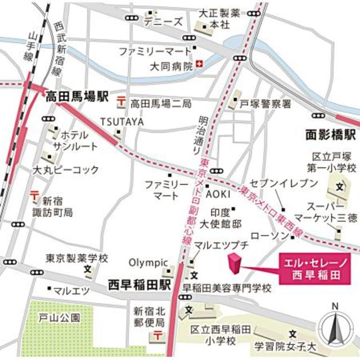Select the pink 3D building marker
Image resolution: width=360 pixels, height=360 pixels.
(x=233, y=265)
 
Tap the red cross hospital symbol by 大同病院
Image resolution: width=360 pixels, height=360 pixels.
(x=200, y=65)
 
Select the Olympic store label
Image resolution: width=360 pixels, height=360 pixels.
(x=148, y=262)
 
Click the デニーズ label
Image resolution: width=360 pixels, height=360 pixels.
(x=164, y=22)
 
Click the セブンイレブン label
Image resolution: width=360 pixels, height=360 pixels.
(x=274, y=183)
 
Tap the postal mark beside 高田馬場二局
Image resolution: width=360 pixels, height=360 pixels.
(x=121, y=102)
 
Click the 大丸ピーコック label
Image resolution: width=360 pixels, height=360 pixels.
(x=65, y=169)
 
